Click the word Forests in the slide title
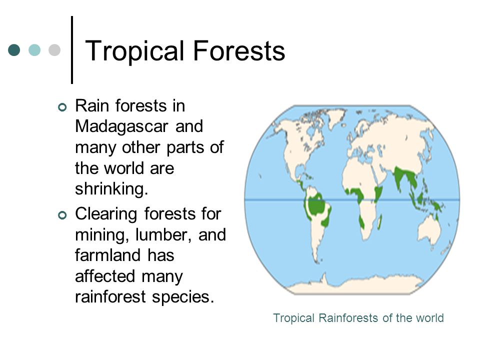coord(239,50)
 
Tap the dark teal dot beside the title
coord(14,50)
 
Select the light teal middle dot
coord(34,50)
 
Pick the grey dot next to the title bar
coord(54,50)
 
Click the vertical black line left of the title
coord(72,50)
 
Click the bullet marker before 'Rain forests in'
coord(62,107)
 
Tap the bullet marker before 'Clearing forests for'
coord(62,215)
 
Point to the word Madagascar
coord(122,126)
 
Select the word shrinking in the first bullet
coord(111,189)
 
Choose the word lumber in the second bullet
coord(162,235)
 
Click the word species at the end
coord(183,297)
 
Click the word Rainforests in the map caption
coord(348,318)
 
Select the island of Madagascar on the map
coord(380,221)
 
